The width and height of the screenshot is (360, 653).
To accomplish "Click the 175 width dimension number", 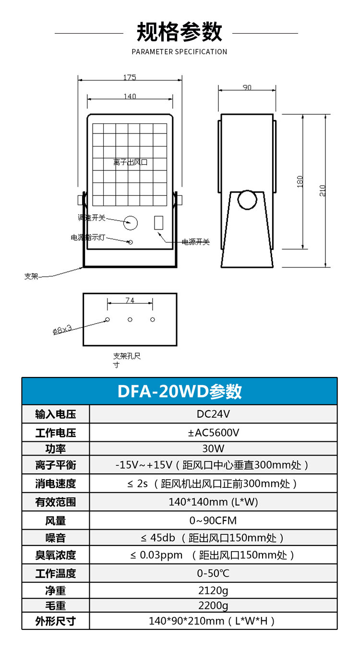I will pyautogui.click(x=130, y=77).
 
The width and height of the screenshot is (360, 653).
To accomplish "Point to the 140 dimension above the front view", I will pyautogui.click(x=130, y=97).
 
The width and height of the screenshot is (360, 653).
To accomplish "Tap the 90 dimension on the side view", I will pyautogui.click(x=247, y=87).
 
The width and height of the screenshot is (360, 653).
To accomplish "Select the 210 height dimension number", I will pyautogui.click(x=323, y=191).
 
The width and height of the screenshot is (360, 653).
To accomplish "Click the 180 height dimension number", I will pyautogui.click(x=300, y=181).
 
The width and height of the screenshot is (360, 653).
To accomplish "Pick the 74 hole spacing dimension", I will pyautogui.click(x=130, y=301).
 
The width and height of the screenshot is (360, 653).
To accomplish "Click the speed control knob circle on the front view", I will pyautogui.click(x=130, y=222).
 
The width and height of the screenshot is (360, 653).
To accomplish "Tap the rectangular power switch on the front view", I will pyautogui.click(x=159, y=223).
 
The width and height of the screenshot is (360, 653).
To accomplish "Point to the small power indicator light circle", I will pyautogui.click(x=130, y=242).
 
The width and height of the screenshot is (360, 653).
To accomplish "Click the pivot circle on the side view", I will pyautogui.click(x=248, y=200).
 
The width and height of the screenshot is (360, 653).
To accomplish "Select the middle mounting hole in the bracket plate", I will pyautogui.click(x=130, y=319).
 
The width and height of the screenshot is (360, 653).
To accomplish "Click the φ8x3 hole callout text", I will pyautogui.click(x=62, y=329).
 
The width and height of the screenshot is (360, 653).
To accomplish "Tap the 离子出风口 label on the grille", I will pyautogui.click(x=131, y=162).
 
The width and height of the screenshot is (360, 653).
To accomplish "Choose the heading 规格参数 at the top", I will pyautogui.click(x=180, y=32).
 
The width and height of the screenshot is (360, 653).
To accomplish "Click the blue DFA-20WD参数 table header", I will pyautogui.click(x=180, y=391).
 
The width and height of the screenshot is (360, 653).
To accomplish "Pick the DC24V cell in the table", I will pyautogui.click(x=213, y=414).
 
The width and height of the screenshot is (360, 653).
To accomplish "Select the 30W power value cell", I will pyautogui.click(x=213, y=449).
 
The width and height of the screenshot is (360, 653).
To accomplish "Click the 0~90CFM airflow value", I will pyautogui.click(x=213, y=520).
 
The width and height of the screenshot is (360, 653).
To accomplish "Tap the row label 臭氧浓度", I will pyautogui.click(x=56, y=555).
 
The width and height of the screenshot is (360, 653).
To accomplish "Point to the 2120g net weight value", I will pyautogui.click(x=213, y=590).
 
